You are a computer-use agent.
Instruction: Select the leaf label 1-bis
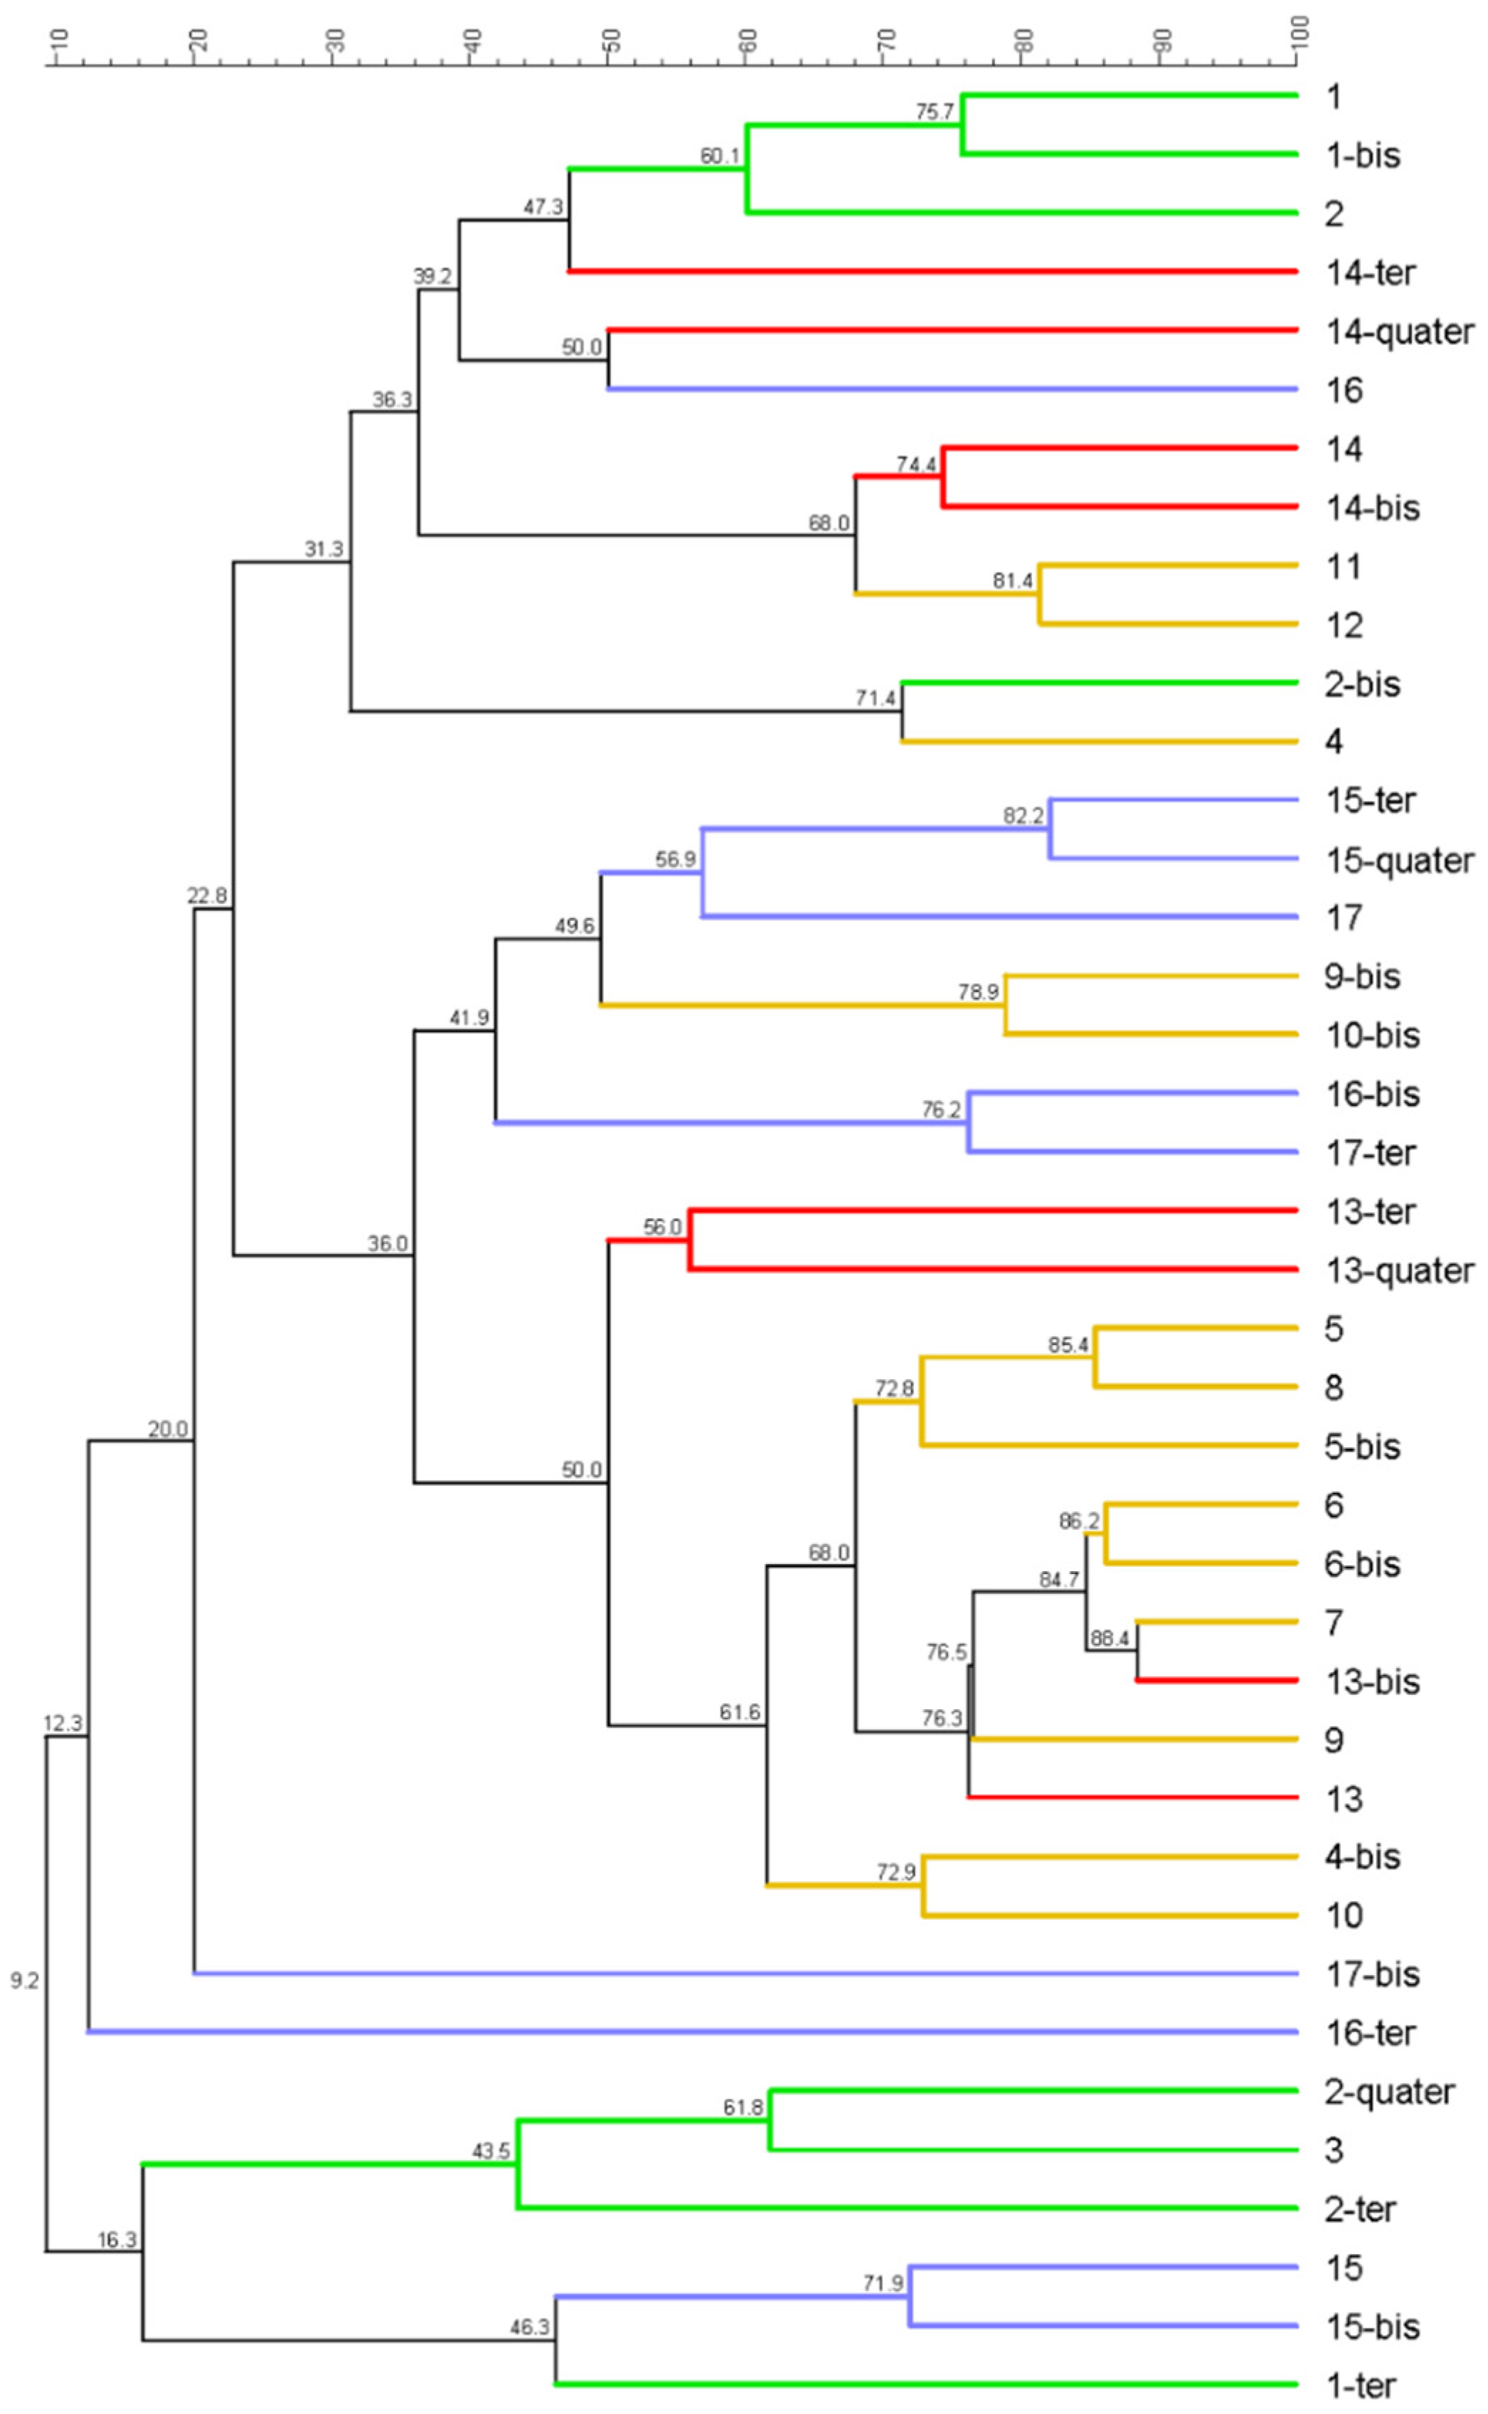click(1362, 156)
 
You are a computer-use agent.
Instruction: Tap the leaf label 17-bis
click(1372, 1974)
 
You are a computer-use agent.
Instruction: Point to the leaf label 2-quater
click(1388, 2093)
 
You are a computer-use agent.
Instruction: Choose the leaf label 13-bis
click(1372, 1682)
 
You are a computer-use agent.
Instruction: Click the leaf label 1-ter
click(1360, 2386)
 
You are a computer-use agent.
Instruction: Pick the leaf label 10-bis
click(1372, 1036)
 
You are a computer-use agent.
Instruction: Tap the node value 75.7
click(934, 112)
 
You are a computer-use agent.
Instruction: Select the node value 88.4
click(1109, 1639)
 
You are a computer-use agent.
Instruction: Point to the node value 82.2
click(1024, 816)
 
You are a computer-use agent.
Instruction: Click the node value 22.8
click(207, 895)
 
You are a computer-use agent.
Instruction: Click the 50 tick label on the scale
click(610, 39)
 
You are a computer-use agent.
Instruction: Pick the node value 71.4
click(875, 698)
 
